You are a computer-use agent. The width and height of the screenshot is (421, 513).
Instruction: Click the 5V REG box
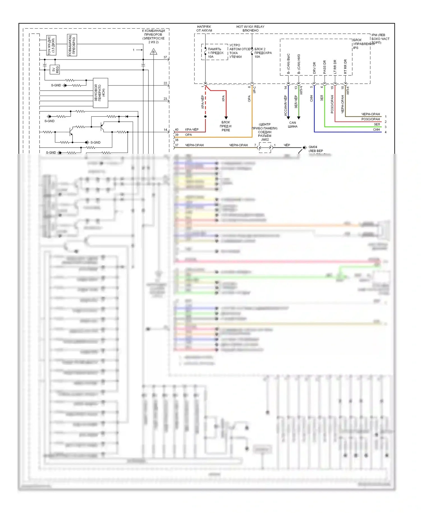click(x=55, y=69)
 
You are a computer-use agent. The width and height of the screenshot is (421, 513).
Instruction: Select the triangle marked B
click(x=153, y=52)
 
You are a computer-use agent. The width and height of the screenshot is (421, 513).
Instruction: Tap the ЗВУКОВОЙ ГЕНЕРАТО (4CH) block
click(x=100, y=93)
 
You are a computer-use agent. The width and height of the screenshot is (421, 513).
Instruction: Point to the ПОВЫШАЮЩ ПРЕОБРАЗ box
click(x=72, y=45)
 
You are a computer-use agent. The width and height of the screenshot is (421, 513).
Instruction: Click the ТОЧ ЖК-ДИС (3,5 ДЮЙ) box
click(x=51, y=45)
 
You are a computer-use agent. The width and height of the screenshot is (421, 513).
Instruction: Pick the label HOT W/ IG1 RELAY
click(x=250, y=27)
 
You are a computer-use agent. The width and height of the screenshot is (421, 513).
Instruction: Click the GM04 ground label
click(x=313, y=147)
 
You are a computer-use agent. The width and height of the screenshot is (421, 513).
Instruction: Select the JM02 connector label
click(x=265, y=139)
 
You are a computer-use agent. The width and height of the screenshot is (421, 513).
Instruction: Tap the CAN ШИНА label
click(x=292, y=125)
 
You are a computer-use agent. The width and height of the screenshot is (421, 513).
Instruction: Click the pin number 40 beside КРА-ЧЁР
click(x=177, y=130)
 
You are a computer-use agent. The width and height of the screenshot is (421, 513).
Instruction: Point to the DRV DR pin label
click(x=314, y=68)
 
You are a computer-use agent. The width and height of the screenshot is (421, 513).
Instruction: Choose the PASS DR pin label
click(x=325, y=67)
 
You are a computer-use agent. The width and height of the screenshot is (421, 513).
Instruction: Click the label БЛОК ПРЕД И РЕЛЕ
click(x=226, y=126)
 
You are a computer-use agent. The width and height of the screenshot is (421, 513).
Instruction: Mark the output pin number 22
click(x=165, y=83)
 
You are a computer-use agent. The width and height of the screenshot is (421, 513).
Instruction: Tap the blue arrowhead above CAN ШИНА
click(x=288, y=118)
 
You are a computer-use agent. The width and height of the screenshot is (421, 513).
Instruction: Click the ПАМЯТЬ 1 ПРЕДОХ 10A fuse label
click(x=216, y=53)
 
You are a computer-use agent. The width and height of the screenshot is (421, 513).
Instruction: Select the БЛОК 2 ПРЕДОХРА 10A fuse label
click(x=263, y=53)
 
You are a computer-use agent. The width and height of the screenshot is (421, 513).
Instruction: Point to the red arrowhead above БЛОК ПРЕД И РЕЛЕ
click(x=226, y=118)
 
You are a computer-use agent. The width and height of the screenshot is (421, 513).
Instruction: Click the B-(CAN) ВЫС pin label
click(x=289, y=64)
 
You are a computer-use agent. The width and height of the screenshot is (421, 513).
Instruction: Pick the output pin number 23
click(x=165, y=99)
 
